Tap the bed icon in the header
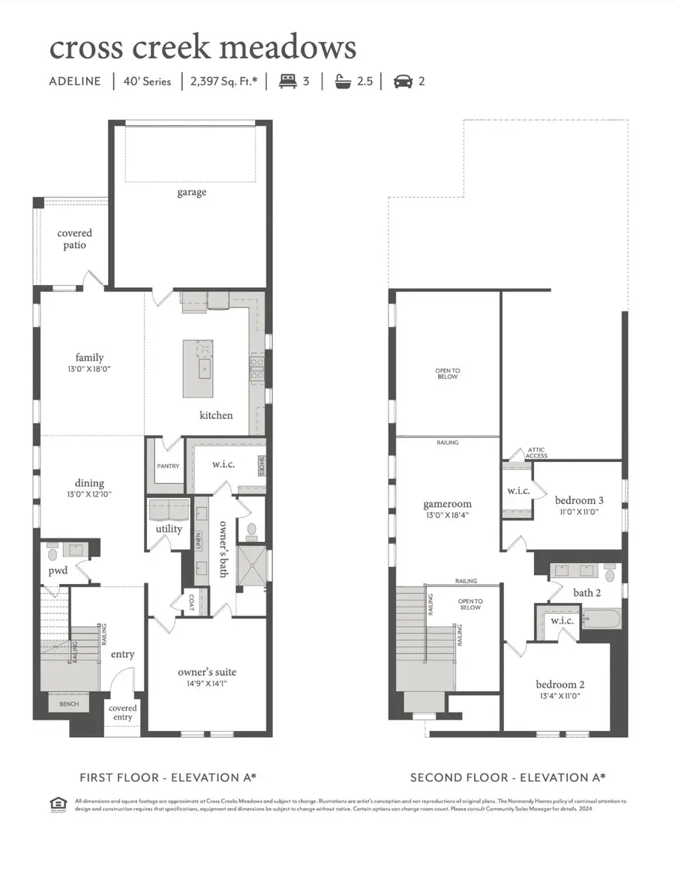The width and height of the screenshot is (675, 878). [289, 81]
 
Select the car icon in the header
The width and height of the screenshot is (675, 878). [403, 81]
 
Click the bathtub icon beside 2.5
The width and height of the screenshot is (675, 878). [344, 81]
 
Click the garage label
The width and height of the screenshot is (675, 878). [191, 193]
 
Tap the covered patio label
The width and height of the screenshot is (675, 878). [74, 239]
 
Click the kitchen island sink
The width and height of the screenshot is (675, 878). [203, 369]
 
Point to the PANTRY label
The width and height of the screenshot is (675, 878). [168, 466]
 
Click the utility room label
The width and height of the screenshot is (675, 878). [169, 529]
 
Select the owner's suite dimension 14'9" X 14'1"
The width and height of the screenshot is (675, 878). [206, 683]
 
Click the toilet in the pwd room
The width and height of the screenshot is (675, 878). [52, 554]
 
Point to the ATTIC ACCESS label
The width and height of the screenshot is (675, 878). [537, 452]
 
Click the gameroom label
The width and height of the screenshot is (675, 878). [446, 504]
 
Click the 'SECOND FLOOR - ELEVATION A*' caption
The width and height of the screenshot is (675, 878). [508, 778]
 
